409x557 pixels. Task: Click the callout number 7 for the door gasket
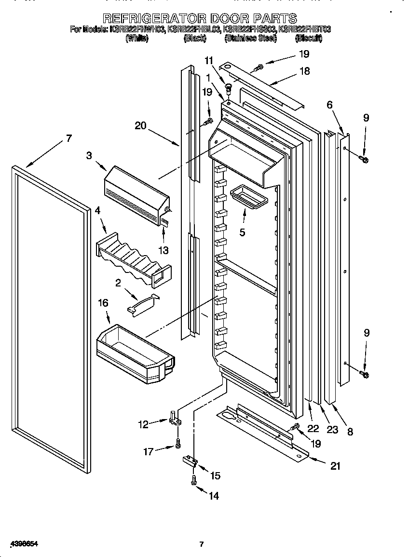tap(68, 138)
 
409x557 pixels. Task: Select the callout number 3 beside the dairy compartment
tap(89, 155)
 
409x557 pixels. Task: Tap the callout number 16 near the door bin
tap(103, 303)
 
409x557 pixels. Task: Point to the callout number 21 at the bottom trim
tap(335, 466)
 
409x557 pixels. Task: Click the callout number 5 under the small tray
tap(242, 232)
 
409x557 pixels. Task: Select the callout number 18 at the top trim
tap(304, 71)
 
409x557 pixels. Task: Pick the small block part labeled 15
tap(190, 461)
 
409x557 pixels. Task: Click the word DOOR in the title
tap(229, 18)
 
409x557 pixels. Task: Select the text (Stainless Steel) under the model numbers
tap(250, 38)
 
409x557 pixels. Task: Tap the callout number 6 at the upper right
tap(329, 105)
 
